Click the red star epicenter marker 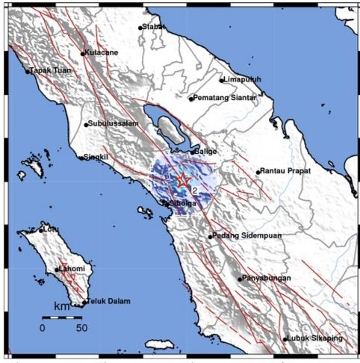click(182, 180)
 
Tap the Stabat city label click(154, 28)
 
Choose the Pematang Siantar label click(225, 98)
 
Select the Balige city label click(205, 152)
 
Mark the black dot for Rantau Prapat click(258, 172)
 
